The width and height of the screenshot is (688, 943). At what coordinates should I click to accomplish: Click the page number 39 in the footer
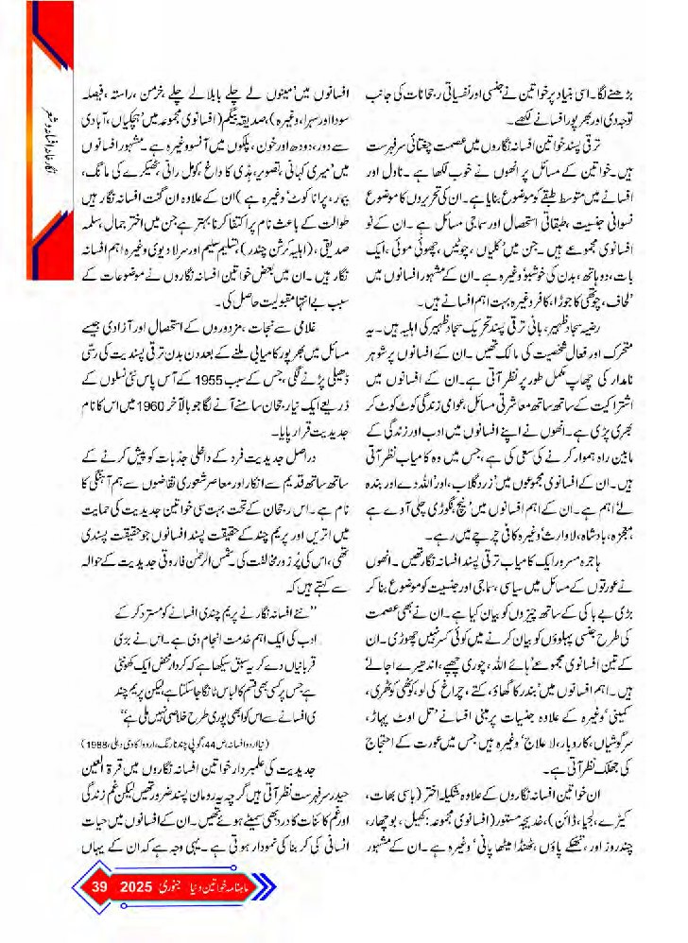[x=99, y=886]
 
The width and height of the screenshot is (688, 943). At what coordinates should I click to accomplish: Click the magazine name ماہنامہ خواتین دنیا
[x=232, y=887]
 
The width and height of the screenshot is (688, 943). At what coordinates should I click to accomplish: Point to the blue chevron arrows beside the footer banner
[x=280, y=887]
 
